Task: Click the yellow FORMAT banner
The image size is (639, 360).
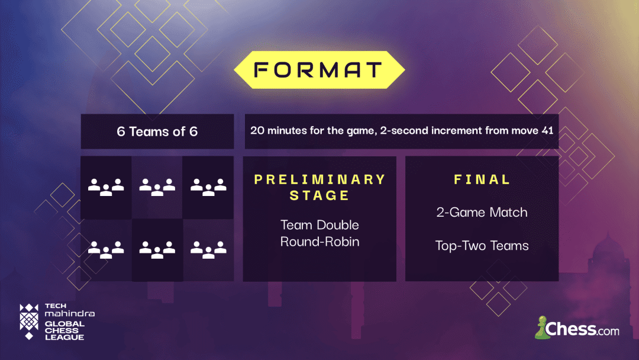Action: [x=319, y=70]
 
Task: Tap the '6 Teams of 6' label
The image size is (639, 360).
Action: [x=157, y=131]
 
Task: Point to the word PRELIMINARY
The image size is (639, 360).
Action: [x=320, y=179]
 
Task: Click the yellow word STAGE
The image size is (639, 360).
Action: [x=319, y=195]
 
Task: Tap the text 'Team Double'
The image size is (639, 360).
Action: [x=319, y=225]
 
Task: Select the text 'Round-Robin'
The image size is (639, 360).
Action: [x=319, y=242]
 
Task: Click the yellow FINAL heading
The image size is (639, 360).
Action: [x=482, y=179]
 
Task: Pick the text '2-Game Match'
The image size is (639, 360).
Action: [x=482, y=213]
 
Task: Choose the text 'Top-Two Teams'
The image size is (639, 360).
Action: [x=482, y=246]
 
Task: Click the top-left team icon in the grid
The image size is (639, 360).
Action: [x=106, y=187]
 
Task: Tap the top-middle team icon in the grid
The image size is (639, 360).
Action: [x=157, y=187]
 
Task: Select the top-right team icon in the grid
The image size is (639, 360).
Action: [x=208, y=187]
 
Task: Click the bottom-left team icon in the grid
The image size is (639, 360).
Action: [x=106, y=250]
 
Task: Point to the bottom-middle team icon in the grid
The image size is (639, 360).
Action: [x=157, y=250]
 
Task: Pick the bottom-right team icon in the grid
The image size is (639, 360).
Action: [x=208, y=250]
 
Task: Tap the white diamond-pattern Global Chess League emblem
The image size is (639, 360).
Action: [x=29, y=322]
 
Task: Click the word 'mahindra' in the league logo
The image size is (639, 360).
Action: [x=70, y=314]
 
